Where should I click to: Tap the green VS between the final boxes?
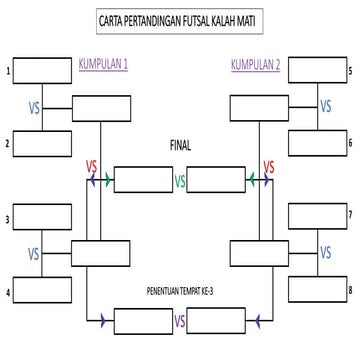tap(180, 182)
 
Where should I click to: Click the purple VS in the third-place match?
tap(180, 322)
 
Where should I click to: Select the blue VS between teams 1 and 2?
tap(34, 107)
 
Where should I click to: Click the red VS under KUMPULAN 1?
tap(91, 165)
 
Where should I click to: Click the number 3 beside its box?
tap(8, 218)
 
